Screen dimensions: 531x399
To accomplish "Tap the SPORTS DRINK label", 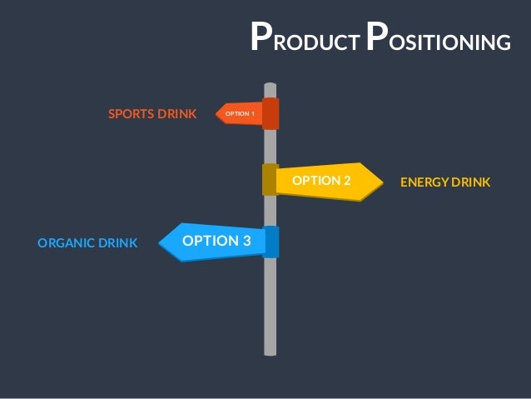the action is click(152, 113).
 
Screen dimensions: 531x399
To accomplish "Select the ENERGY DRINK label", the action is click(445, 182).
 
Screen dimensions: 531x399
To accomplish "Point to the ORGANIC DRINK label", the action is click(87, 243).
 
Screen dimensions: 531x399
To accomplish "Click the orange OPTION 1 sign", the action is click(239, 112).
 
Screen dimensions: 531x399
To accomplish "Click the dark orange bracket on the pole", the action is click(270, 113).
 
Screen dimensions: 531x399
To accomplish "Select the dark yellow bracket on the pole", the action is click(270, 179).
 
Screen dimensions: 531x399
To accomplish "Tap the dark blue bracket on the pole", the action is click(271, 242).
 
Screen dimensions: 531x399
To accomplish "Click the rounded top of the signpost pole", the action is click(270, 86).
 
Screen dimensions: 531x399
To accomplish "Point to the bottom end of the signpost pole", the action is click(270, 352).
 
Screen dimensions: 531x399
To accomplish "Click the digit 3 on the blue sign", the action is click(246, 241).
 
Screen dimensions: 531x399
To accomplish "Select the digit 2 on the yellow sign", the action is click(346, 180).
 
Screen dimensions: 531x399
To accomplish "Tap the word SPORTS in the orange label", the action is click(128, 113).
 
